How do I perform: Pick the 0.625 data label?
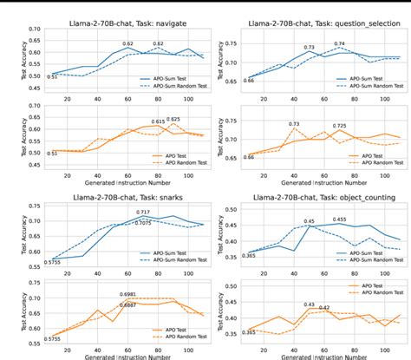173,119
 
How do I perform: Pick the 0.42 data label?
323,308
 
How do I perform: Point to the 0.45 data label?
307,222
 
